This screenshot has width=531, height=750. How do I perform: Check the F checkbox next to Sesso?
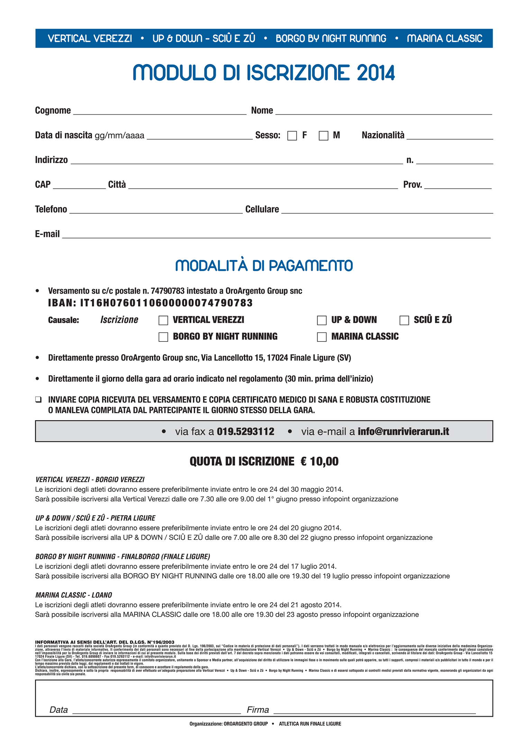tap(292, 135)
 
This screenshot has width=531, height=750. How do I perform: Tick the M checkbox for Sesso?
tap(323, 135)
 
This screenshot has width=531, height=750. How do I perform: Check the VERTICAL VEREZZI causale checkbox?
tap(163, 320)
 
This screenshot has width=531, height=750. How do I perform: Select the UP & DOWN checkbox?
tap(322, 320)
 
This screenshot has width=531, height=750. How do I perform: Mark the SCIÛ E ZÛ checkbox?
tap(404, 320)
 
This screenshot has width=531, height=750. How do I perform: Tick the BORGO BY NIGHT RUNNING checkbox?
tap(163, 337)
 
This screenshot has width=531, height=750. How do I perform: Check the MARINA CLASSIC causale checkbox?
tap(322, 337)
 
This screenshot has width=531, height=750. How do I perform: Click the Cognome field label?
tap(53, 111)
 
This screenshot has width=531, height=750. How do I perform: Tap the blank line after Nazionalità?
tap(450, 137)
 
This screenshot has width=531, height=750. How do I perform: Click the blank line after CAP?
tap(79, 186)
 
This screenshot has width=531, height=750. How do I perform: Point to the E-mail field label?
tap(47, 234)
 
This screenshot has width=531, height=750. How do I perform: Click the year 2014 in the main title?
tap(376, 73)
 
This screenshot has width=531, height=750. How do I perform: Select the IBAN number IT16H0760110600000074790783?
tap(166, 303)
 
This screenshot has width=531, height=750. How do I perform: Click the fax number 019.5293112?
tap(246, 432)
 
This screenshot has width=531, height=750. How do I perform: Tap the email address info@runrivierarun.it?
tap(403, 432)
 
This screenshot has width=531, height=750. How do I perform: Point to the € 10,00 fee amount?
tap(320, 461)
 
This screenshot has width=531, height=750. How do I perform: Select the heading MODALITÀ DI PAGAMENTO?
tap(264, 265)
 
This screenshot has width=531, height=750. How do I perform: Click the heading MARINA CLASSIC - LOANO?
tap(74, 595)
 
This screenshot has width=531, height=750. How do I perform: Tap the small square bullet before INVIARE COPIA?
tap(38, 400)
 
